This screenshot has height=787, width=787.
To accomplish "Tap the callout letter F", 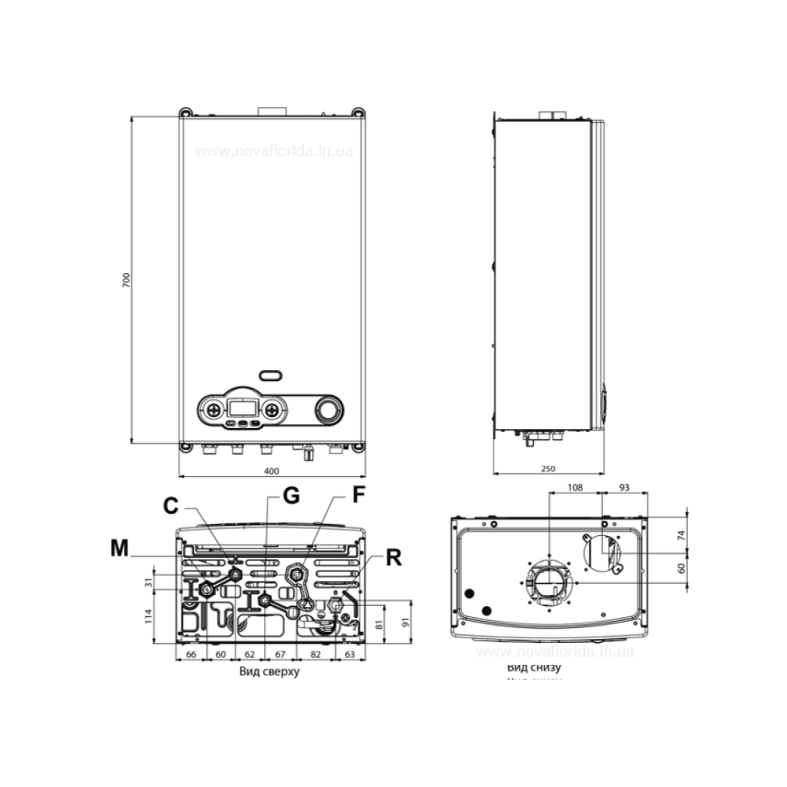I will point(358,497).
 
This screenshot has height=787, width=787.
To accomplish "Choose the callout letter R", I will point(394,558).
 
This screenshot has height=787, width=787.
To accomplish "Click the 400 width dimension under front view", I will point(271,471).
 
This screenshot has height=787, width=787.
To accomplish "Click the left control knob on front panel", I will point(210,409).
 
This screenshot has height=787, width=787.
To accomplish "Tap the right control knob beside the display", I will point(272,409).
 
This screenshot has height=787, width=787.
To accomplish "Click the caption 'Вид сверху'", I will point(268,673).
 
